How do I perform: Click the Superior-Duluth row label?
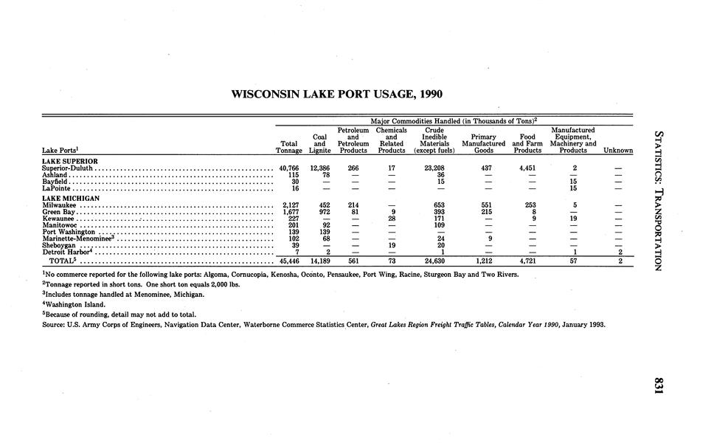(66, 168)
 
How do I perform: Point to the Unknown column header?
(618, 151)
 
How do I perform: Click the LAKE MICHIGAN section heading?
(71, 198)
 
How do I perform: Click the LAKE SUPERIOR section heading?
(70, 161)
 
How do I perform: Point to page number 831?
(659, 386)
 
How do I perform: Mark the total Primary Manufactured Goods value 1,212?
(483, 261)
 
